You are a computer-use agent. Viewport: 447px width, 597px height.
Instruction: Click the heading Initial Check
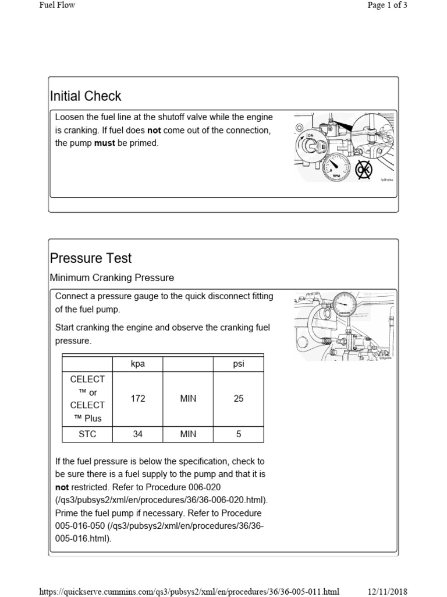pyautogui.click(x=86, y=96)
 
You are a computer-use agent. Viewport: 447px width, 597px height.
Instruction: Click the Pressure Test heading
pyautogui.click(x=91, y=258)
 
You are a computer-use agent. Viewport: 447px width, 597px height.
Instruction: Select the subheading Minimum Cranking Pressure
pyautogui.click(x=112, y=278)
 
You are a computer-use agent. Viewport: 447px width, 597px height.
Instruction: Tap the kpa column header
pyautogui.click(x=137, y=364)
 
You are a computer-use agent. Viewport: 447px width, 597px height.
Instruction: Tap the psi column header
pyautogui.click(x=239, y=364)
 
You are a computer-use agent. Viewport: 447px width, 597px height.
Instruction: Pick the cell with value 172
pyautogui.click(x=137, y=399)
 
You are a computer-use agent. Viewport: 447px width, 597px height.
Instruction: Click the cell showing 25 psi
pyautogui.click(x=239, y=399)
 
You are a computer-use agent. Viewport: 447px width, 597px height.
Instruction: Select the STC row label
pyautogui.click(x=87, y=434)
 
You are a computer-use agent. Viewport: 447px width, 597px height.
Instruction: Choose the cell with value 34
pyautogui.click(x=137, y=434)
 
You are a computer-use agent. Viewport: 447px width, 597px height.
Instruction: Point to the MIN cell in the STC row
pyautogui.click(x=188, y=434)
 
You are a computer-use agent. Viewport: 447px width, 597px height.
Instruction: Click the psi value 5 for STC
pyautogui.click(x=239, y=434)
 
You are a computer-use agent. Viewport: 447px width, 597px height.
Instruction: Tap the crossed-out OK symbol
pyautogui.click(x=364, y=169)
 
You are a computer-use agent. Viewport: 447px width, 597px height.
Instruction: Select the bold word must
pyautogui.click(x=105, y=143)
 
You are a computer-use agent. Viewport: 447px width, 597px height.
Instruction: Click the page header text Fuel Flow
pyautogui.click(x=56, y=5)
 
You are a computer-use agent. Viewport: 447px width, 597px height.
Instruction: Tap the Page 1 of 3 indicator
pyautogui.click(x=387, y=5)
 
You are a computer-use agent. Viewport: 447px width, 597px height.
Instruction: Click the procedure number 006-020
pyautogui.click(x=201, y=487)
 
